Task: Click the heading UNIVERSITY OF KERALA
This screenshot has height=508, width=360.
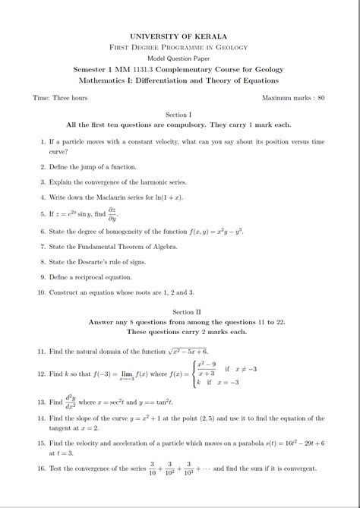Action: coord(179,36)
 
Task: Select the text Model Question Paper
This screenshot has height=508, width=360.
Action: coord(179,58)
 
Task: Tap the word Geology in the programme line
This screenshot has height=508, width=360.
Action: coord(230,47)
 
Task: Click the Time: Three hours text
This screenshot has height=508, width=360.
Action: coord(60,99)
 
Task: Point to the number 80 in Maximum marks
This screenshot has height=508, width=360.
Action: coord(321,99)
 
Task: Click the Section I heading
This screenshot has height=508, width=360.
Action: coord(179,114)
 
